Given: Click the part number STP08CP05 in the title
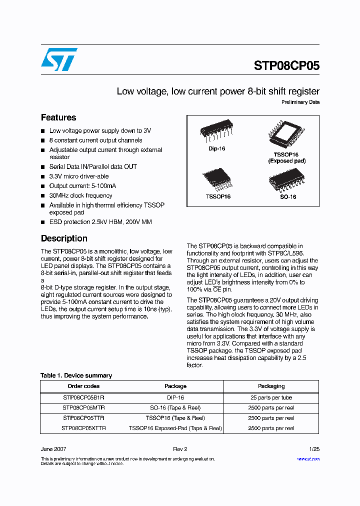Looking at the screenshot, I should tap(286, 66).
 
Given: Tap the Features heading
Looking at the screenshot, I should tap(58, 117).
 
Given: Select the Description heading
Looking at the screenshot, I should tap(64, 238).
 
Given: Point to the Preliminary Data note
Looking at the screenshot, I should tap(300, 102).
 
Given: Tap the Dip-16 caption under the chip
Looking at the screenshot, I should tap(216, 149).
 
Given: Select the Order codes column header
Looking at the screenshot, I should tap(83, 386).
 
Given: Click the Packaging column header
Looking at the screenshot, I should tap(271, 386).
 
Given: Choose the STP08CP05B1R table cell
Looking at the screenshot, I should tap(83, 397).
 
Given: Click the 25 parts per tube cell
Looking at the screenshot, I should tap(271, 397).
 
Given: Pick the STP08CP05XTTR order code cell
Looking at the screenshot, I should tap(83, 428).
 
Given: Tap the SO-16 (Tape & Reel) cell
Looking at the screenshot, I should tap(175, 408).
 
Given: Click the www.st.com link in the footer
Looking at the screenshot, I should tap(308, 459).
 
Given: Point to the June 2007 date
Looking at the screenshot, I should tap(53, 449).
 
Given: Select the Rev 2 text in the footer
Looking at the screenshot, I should tap(180, 449).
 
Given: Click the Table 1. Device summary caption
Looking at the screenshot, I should tap(76, 375).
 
